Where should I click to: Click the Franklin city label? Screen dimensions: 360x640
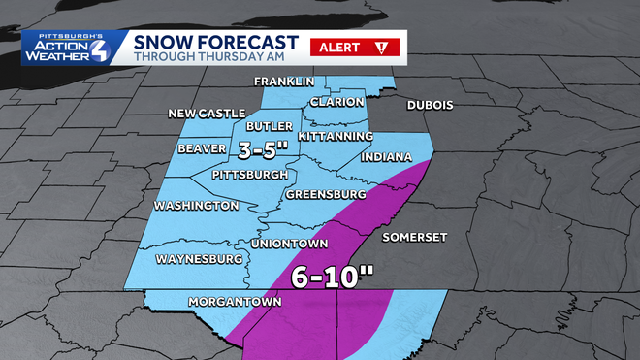(284, 81)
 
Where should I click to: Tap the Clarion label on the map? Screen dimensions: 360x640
(337, 102)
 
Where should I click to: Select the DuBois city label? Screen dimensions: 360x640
(431, 105)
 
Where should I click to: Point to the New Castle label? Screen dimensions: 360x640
(208, 114)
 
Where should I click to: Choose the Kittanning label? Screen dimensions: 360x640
(336, 137)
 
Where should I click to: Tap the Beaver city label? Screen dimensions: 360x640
(203, 148)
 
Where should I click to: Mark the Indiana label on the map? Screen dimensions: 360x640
(386, 157)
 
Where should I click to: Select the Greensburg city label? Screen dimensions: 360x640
(325, 195)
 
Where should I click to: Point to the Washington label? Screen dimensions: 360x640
(196, 206)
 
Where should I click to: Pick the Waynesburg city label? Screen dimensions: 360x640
(198, 260)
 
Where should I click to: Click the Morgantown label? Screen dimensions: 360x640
(235, 301)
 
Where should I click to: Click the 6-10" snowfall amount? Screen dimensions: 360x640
(333, 277)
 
